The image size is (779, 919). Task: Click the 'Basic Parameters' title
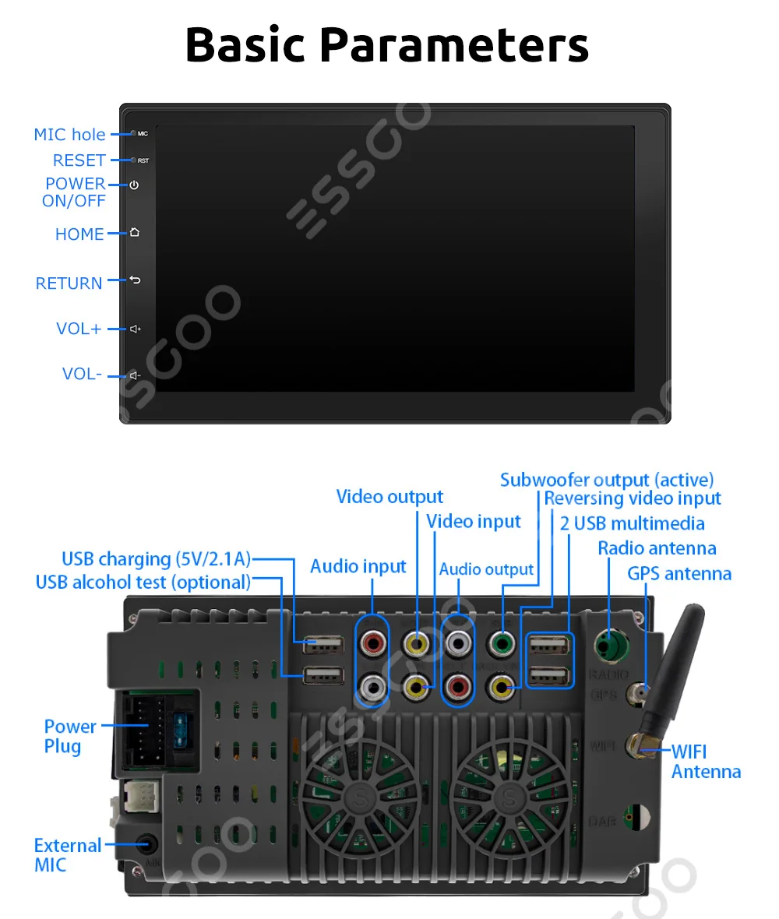coord(387,45)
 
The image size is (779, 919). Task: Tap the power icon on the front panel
coord(134,185)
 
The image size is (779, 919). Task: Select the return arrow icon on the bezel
coord(134,280)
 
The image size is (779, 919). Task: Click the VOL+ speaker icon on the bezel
coord(135,329)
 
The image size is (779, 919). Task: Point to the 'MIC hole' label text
coord(69,135)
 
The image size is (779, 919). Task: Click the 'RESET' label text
coord(79,160)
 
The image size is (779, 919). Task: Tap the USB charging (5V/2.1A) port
coord(322,644)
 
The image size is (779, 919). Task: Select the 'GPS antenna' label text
coord(679,574)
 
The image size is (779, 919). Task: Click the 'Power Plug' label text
coord(69,736)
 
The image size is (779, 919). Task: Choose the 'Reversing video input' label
coord(632,498)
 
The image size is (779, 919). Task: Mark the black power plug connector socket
coord(145,733)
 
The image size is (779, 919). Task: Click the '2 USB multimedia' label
coord(632,523)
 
